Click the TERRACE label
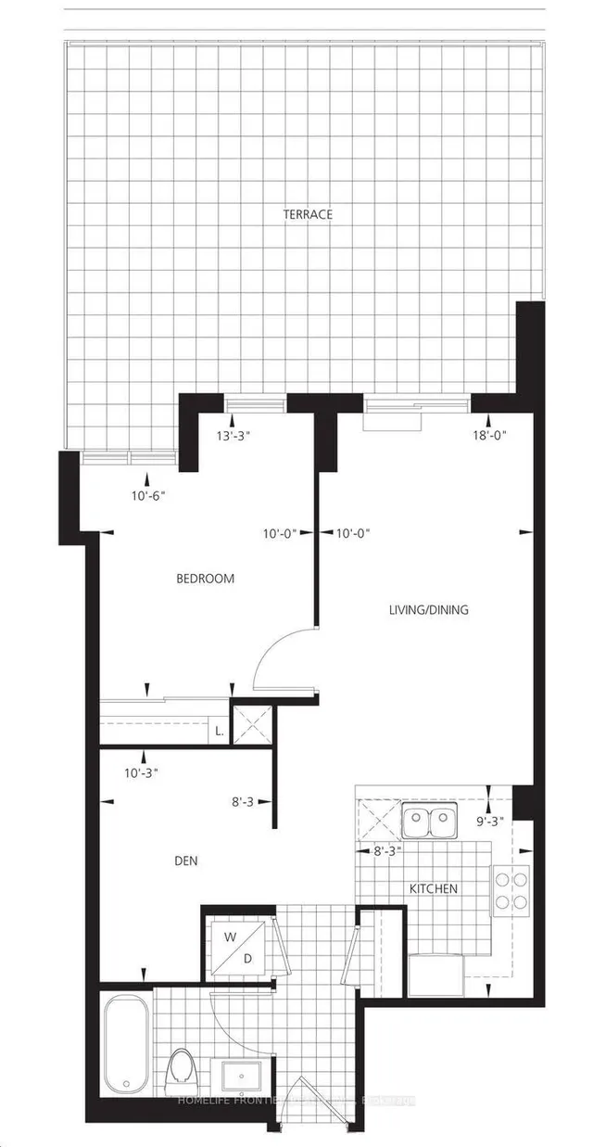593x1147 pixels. (308, 214)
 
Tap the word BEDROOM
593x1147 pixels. (205, 579)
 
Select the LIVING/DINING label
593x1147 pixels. (427, 610)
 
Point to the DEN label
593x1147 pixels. (185, 860)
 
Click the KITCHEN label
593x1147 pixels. (435, 888)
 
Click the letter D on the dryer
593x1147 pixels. (248, 959)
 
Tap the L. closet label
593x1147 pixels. (220, 732)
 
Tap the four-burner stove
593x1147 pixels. (510, 888)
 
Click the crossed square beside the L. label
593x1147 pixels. (252, 723)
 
